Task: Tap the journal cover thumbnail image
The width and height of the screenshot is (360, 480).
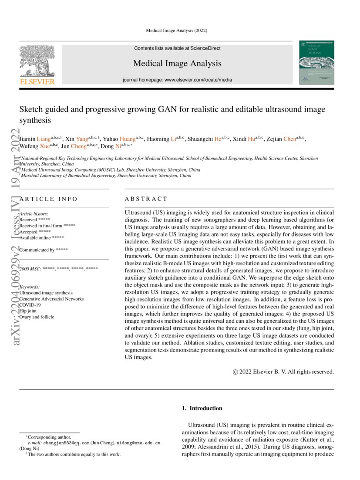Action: click(x=316, y=63)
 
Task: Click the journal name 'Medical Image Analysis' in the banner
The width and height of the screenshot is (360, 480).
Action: click(x=177, y=64)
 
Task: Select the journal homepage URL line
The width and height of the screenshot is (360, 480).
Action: click(x=177, y=80)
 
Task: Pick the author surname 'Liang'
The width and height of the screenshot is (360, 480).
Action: click(x=45, y=139)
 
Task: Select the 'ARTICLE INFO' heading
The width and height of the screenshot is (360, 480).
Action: click(x=48, y=199)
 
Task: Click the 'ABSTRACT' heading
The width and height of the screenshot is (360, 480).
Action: click(x=146, y=199)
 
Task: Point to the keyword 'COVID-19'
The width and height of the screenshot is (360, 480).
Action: click(x=31, y=305)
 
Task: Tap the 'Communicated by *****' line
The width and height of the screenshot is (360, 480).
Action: click(x=44, y=250)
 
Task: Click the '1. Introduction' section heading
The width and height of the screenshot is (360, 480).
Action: click(x=202, y=408)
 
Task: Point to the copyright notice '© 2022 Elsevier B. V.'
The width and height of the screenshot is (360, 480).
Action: click(x=283, y=372)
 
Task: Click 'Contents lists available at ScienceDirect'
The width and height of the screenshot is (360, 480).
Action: click(x=177, y=48)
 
